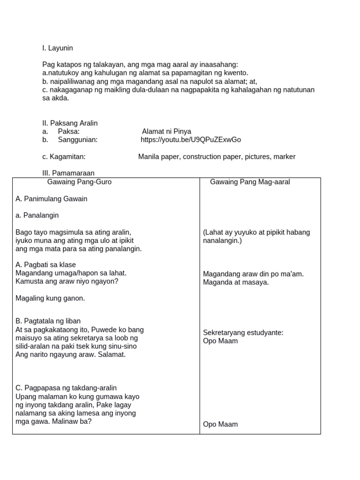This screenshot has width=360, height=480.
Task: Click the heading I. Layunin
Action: click(58, 48)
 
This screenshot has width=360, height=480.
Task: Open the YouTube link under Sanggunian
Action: click(191, 140)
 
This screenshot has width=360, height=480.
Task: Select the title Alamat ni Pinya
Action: click(166, 131)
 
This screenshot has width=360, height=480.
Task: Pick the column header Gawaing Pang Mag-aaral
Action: click(250, 182)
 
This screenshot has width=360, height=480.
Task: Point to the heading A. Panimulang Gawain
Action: click(52, 199)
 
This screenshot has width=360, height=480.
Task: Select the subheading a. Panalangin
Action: click(37, 216)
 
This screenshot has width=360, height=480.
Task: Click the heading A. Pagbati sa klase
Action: click(45, 265)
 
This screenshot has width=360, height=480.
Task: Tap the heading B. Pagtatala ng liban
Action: click(48, 321)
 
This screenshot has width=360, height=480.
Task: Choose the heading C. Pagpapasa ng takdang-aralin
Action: click(66, 388)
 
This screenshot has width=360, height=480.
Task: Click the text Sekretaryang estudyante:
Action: click(243, 332)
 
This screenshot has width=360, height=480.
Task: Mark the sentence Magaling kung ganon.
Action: click(50, 298)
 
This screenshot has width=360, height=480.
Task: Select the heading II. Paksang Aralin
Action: click(70, 123)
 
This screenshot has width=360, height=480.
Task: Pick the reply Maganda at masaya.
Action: click(236, 282)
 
